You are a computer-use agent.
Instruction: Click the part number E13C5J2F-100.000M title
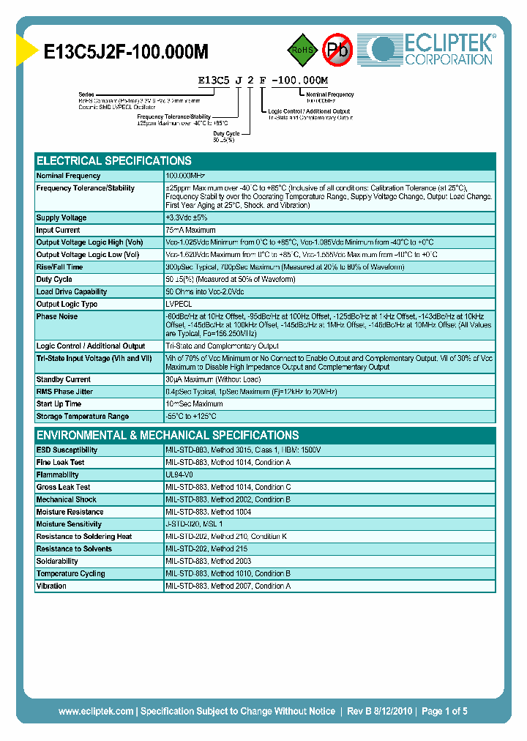[x=127, y=51]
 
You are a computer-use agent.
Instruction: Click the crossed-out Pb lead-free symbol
[x=338, y=50]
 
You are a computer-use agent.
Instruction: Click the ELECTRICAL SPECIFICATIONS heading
[x=114, y=161]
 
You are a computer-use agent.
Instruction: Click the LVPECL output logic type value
[x=179, y=305]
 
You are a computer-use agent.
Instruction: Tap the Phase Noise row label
[x=57, y=317]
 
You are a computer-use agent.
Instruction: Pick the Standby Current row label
[x=64, y=380]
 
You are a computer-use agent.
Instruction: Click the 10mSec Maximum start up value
[x=195, y=404]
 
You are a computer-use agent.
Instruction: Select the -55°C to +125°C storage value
[x=191, y=417]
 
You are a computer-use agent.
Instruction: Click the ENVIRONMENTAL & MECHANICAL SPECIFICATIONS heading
[x=168, y=435]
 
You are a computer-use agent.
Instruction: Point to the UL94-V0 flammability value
[x=179, y=475]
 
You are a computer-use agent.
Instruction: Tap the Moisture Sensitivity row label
[x=70, y=524]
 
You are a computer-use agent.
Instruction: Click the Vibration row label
[x=51, y=587]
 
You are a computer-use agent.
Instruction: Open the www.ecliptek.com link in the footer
[x=96, y=711]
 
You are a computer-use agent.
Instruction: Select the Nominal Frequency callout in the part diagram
[x=329, y=94]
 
